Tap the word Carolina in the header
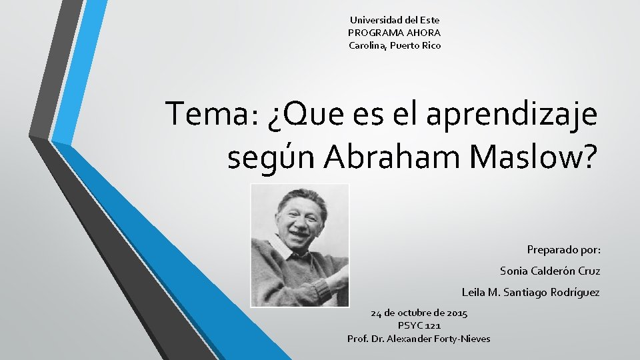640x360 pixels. [367, 45]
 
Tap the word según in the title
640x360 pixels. [272, 159]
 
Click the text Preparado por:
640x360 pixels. [563, 250]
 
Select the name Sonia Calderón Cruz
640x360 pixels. [550, 271]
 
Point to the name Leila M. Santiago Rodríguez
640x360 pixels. [531, 293]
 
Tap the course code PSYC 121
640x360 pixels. [419, 325]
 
